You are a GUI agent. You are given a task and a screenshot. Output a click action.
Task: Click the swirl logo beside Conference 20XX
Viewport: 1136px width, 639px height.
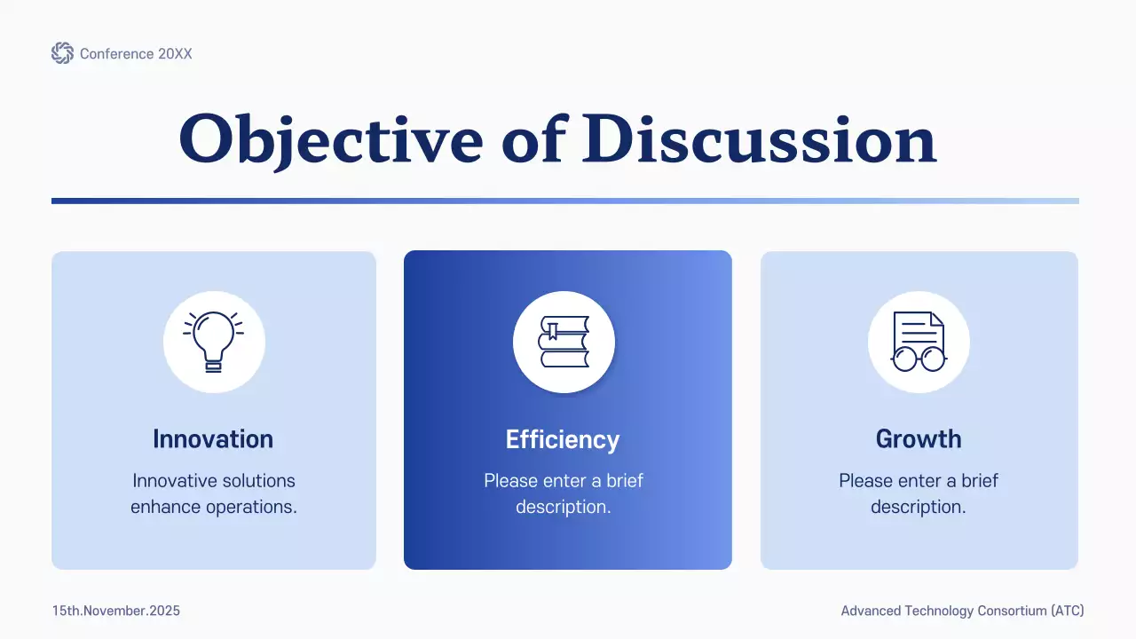(62, 53)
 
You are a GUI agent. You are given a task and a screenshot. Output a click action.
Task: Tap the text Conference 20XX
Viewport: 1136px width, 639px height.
(136, 54)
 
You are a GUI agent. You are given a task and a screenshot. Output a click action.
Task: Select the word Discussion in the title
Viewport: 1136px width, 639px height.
(759, 140)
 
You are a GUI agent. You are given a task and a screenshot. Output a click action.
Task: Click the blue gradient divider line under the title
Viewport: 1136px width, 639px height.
(564, 201)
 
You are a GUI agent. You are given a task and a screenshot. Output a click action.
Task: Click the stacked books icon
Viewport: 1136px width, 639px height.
(564, 342)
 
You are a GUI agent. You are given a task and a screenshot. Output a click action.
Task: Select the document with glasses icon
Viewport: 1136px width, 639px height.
(919, 342)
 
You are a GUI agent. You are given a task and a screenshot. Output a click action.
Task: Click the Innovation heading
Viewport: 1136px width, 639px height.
(213, 439)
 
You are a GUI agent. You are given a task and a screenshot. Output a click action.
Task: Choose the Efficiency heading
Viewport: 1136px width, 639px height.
(563, 439)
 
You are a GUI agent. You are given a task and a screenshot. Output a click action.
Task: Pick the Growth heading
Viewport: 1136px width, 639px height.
(919, 439)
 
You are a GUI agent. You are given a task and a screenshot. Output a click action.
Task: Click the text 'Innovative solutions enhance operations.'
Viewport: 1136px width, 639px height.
(214, 493)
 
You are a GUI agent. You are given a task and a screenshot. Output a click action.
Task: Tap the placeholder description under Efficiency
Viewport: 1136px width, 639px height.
(564, 493)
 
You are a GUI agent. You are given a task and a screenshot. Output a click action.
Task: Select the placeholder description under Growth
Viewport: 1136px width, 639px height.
(919, 493)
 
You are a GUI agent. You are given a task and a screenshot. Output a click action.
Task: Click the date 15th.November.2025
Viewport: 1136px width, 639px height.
(116, 611)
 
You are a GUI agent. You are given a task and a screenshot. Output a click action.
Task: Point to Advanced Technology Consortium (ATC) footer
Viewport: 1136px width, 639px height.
(962, 611)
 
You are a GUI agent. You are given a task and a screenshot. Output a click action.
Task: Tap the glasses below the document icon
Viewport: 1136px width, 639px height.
(919, 359)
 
